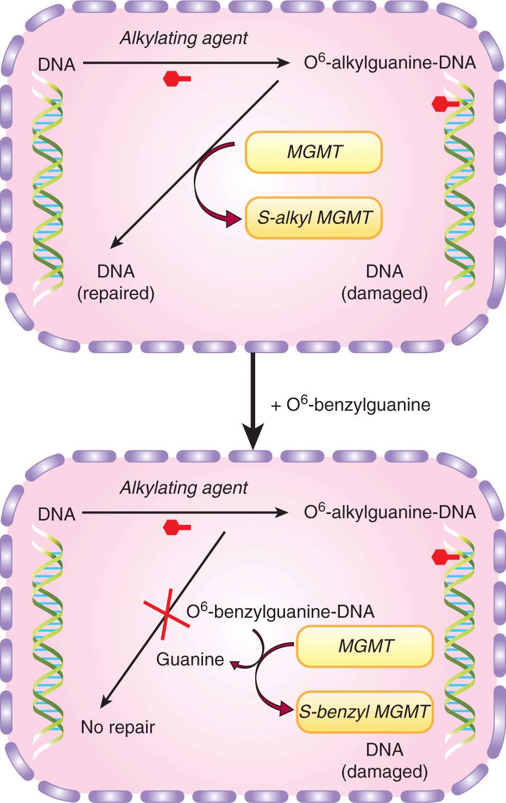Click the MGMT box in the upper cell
coord(314,152)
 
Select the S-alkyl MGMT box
coord(314,218)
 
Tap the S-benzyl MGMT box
coord(365,712)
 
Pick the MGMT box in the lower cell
coord(365,646)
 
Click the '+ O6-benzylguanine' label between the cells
coord(351,405)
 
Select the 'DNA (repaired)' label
coord(116,283)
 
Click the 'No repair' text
coord(118,727)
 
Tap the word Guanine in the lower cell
coord(190,660)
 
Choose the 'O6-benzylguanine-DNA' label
coord(280,612)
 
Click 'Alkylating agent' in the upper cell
coord(184,38)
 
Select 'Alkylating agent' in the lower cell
coord(184,488)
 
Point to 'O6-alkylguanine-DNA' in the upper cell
coord(390,62)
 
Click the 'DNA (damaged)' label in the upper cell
coord(384,283)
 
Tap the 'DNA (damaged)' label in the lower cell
coord(384,761)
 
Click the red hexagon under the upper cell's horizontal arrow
coord(173,79)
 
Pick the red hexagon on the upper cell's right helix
coord(441,104)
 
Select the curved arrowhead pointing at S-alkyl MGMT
coord(235,219)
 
